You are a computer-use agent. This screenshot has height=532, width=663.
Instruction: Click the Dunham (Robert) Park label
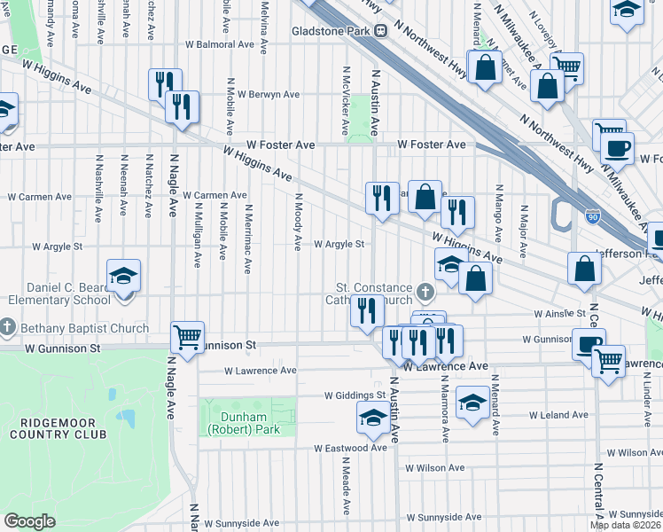236,424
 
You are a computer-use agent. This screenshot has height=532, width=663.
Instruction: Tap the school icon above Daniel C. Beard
123,276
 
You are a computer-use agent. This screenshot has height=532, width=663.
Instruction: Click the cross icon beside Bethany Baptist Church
6,328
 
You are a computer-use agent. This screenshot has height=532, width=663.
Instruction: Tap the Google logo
29,521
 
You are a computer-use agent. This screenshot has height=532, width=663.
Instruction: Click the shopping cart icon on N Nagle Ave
187,337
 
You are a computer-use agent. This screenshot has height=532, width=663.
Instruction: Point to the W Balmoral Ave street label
220,44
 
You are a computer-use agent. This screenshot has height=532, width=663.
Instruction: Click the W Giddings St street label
355,395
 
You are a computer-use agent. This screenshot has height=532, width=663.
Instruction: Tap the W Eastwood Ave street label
351,449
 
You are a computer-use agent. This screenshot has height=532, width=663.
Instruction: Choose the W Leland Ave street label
558,415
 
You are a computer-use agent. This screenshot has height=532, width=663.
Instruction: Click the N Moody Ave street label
299,221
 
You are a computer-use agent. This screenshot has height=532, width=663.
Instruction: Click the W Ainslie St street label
559,314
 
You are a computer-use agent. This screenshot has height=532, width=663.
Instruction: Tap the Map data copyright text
625,525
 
